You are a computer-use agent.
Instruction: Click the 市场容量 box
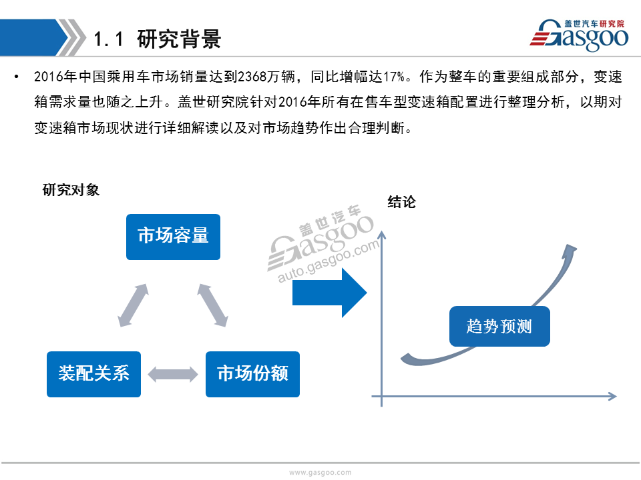pos(173,237)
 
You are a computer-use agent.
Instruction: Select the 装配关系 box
pos(93,374)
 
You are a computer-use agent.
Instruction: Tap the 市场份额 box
pos(252,374)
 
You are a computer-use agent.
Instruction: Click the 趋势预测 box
pos(499,326)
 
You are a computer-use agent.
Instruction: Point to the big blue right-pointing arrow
pos(329,293)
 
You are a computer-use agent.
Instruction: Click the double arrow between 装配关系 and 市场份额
pos(173,374)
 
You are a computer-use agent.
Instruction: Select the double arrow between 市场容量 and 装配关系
pos(133,305)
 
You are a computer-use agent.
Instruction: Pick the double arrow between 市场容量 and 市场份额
pos(212,305)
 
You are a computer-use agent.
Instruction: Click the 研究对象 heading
pos(71,190)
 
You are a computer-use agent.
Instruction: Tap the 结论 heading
pos(401,201)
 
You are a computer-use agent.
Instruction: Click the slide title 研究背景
pos(179,39)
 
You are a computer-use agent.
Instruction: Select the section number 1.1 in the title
pos(108,39)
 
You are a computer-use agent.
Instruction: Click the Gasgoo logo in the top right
pos(580,35)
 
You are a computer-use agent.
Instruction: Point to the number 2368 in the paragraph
pos(252,76)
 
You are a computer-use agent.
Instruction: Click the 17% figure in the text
pos(394,76)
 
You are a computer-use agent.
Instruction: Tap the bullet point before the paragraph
pos(16,76)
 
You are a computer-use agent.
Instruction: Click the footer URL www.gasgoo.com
pos(320,472)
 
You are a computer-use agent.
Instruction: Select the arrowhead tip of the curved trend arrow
pos(577,247)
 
